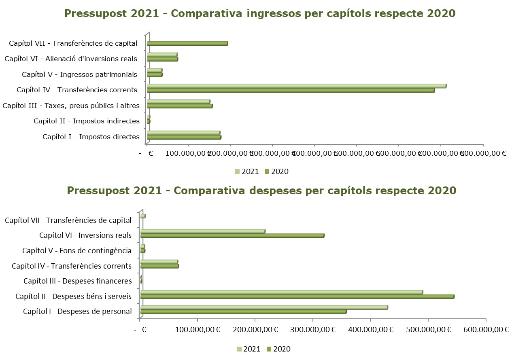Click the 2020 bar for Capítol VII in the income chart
pyautogui.click(x=187, y=44)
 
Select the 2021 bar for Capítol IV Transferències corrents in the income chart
pyautogui.click(x=296, y=86)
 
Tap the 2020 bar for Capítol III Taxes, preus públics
pyautogui.click(x=180, y=106)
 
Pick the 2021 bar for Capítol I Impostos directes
pyautogui.click(x=183, y=133)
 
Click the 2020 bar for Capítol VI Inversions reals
pyautogui.click(x=232, y=236)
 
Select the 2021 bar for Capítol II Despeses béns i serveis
pyautogui.click(x=281, y=292)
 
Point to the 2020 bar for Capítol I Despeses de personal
pyautogui.click(x=243, y=312)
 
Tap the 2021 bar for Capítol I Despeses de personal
pyautogui.click(x=264, y=307)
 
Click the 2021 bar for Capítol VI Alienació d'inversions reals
pyautogui.click(x=162, y=55)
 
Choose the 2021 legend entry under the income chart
pyautogui.click(x=246, y=172)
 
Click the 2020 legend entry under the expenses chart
pyautogui.click(x=278, y=349)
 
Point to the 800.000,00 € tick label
pyautogui.click(x=484, y=153)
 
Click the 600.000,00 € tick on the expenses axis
pyautogui.click(x=486, y=330)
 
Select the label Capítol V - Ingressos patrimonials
pyautogui.click(x=80, y=74)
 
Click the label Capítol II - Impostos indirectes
pyautogui.click(x=87, y=121)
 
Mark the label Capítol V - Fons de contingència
pyautogui.click(x=77, y=251)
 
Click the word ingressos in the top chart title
pyautogui.click(x=277, y=13)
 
